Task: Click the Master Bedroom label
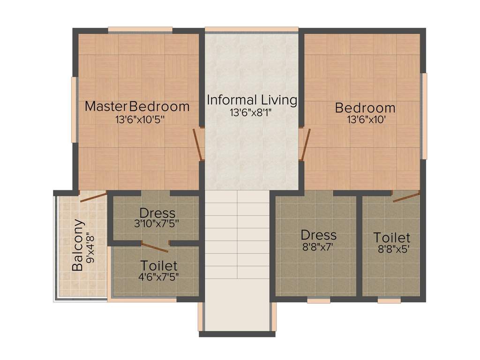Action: tap(137, 106)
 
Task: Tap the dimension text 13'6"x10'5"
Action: tap(140, 120)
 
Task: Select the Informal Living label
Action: tap(252, 100)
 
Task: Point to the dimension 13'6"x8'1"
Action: tap(251, 112)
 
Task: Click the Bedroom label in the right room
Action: tap(365, 108)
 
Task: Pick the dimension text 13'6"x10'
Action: tap(366, 120)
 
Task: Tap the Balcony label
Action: tap(78, 245)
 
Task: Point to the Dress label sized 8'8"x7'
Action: tap(319, 234)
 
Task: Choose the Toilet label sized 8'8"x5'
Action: tap(392, 238)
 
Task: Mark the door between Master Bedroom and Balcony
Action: tap(93, 196)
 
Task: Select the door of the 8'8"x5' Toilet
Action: tap(406, 197)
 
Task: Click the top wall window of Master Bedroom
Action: tap(140, 30)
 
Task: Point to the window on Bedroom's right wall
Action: tap(424, 116)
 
